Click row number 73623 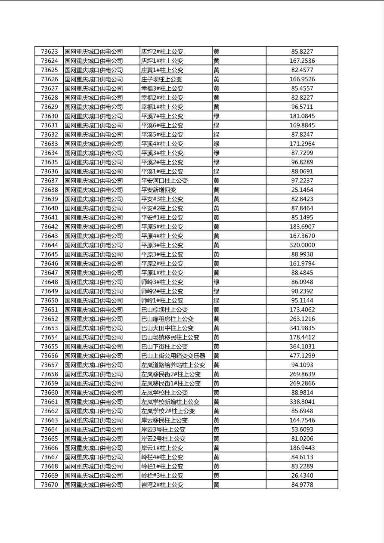49,52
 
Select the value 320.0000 302,245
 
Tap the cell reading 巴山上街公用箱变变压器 173,356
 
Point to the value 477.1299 302,356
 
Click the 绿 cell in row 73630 216,116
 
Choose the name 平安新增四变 158,190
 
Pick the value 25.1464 302,190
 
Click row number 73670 49,485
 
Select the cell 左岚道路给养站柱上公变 173,365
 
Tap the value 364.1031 302,346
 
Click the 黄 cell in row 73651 216,310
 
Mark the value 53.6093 302,429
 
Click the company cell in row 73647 93,273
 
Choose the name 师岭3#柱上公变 162,282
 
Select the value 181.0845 302,116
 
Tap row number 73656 49,356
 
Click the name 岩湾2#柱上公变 162,485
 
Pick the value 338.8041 302,402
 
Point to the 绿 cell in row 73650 216,300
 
